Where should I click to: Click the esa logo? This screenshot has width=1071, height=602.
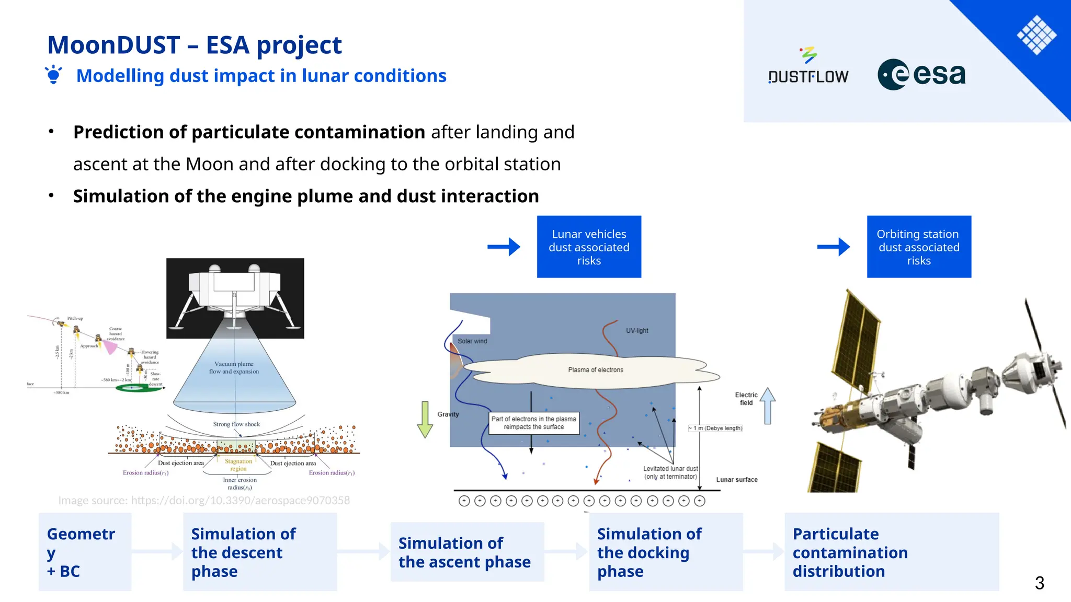[x=921, y=75]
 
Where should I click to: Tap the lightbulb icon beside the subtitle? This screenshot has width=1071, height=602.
[x=53, y=75]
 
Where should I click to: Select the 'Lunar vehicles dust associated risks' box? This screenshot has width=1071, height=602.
[x=589, y=247]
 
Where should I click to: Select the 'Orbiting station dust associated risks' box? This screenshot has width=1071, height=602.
[x=919, y=247]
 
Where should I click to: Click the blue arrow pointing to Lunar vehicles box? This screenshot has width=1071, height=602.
[x=504, y=247]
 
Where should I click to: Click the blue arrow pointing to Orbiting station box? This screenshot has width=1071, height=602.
[x=834, y=247]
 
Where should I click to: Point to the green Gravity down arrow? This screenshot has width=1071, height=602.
[x=425, y=419]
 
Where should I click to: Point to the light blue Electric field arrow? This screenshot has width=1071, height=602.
[x=767, y=406]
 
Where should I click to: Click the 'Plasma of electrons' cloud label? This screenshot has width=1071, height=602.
[x=596, y=370]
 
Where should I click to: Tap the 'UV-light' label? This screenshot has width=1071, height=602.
[x=637, y=331]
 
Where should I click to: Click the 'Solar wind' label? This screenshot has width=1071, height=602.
[x=472, y=341]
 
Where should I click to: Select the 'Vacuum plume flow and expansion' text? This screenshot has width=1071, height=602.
[x=234, y=368]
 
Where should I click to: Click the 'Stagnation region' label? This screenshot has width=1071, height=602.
[x=238, y=465]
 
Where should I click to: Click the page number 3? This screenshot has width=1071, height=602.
[x=1039, y=583]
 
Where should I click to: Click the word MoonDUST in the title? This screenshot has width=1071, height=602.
[x=113, y=45]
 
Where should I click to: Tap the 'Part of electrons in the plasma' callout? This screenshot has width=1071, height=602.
[x=534, y=423]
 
